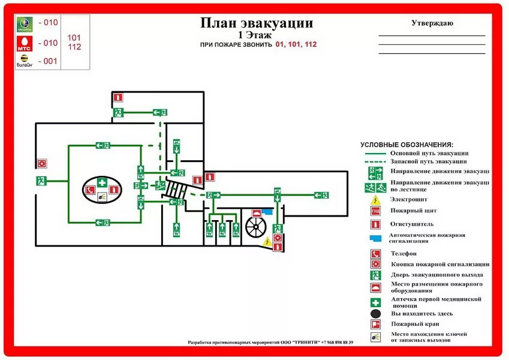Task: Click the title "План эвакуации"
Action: point(256,23)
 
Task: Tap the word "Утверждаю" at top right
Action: point(432,23)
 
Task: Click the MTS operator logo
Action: point(24,43)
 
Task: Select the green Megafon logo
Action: point(24,24)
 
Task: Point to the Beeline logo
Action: point(24,61)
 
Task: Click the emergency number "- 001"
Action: point(47,61)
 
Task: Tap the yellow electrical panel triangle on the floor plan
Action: point(266,241)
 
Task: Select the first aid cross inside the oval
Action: point(102,182)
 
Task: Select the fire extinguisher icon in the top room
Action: point(119,96)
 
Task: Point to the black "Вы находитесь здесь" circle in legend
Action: point(375,313)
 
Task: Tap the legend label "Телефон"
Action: point(403,253)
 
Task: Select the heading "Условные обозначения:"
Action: point(406,145)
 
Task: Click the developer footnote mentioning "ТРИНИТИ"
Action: point(270,343)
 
